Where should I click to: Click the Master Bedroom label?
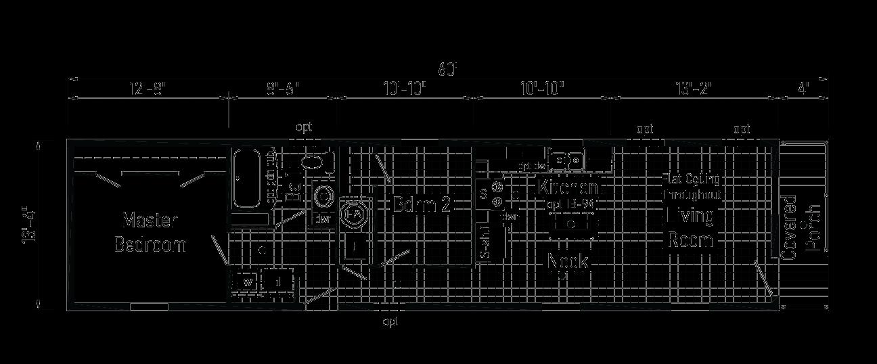click(150, 232)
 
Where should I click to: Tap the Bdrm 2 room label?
click(422, 205)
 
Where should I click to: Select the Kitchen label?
click(568, 187)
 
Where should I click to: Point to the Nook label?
click(568, 261)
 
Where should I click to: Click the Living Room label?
click(691, 228)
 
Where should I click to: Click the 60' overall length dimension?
click(448, 69)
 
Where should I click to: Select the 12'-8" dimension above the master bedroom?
click(147, 89)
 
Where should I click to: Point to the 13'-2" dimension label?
click(694, 89)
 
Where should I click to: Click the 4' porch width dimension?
click(803, 89)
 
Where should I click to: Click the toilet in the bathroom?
click(311, 162)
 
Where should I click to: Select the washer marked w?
click(247, 281)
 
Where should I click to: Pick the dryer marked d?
click(277, 281)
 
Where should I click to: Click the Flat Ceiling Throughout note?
click(691, 187)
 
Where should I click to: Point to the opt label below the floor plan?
click(390, 322)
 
